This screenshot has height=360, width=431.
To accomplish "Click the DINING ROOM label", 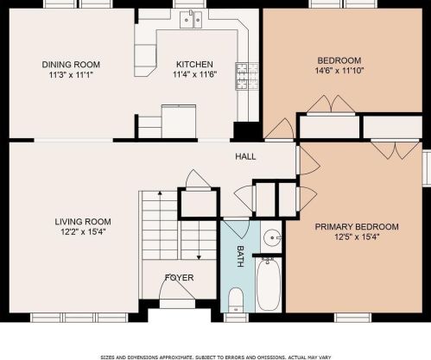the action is tap(71, 65).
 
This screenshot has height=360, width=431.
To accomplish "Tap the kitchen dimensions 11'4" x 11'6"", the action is tap(194, 74).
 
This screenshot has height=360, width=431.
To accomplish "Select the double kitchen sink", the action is tap(191, 19).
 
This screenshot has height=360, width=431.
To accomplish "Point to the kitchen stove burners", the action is tap(247, 76).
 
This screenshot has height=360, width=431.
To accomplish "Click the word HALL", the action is tap(245, 156).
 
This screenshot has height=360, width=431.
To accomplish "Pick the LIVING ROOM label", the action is tap(83, 222).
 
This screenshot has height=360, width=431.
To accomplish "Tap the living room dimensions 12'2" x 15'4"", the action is tap(83, 231).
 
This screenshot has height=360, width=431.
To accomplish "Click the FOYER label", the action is tap(179, 278).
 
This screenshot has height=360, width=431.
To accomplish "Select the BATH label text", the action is tap(240, 256).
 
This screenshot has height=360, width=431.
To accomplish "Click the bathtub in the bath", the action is tap(269, 285).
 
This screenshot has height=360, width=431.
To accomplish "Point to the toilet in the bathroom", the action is tap(237, 300).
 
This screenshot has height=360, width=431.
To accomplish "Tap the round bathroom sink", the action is tap(272, 237).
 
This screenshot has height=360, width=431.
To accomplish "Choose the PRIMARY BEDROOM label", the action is tap(357, 227).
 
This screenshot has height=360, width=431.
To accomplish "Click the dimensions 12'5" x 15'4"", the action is tap(357, 237).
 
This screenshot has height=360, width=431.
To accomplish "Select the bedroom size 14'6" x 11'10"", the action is tap(339, 71).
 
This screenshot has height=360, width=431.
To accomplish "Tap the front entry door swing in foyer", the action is tap(176, 288).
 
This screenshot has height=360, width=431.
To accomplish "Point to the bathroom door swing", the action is tap(237, 229).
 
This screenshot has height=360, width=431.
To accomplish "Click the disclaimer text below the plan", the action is tap(216, 357).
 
